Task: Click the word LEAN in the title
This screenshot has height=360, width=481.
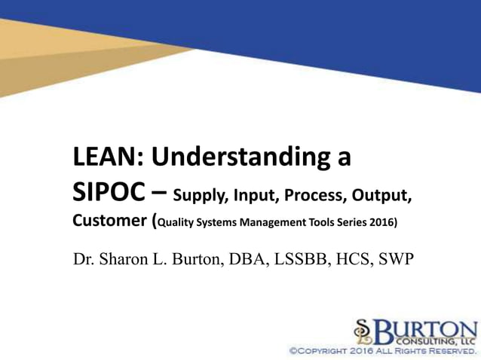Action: (104, 158)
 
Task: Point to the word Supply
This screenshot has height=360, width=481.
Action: (198, 197)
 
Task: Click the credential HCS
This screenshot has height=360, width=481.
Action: (349, 260)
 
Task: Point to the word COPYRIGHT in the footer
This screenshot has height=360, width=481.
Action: (331, 351)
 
